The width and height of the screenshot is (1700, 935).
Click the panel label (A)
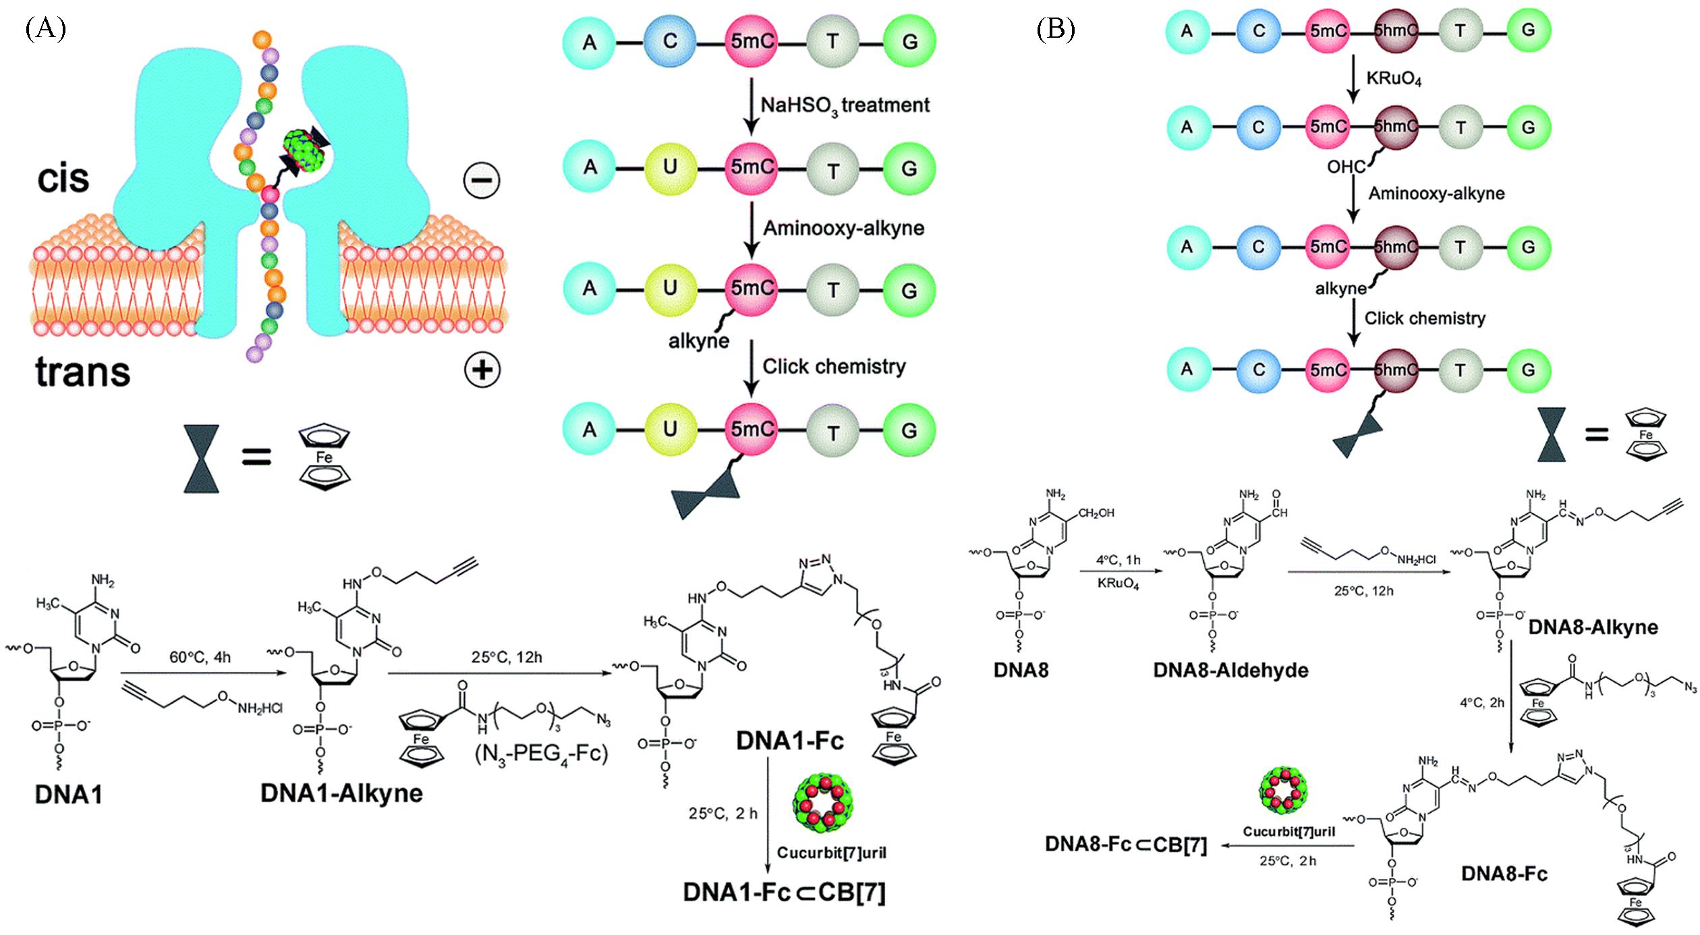[x=45, y=30]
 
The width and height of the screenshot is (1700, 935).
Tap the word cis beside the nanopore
[x=63, y=178]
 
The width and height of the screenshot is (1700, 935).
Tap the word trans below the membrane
[x=82, y=372]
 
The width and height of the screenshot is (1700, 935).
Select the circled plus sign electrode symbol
[x=482, y=369]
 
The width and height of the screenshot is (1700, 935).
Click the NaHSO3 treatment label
[x=845, y=105]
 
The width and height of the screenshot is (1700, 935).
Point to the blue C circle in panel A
[x=669, y=41]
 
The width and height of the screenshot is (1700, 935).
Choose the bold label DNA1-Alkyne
[x=341, y=793]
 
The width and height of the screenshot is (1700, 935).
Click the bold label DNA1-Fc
[x=790, y=741]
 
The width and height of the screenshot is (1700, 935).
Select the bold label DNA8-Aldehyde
[x=1230, y=670]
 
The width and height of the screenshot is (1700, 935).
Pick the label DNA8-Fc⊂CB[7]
[x=1125, y=845]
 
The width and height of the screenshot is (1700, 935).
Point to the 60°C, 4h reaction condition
[x=200, y=657]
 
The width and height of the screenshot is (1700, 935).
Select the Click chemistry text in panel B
[x=1425, y=318]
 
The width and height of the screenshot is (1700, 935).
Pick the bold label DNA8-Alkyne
[x=1592, y=627]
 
